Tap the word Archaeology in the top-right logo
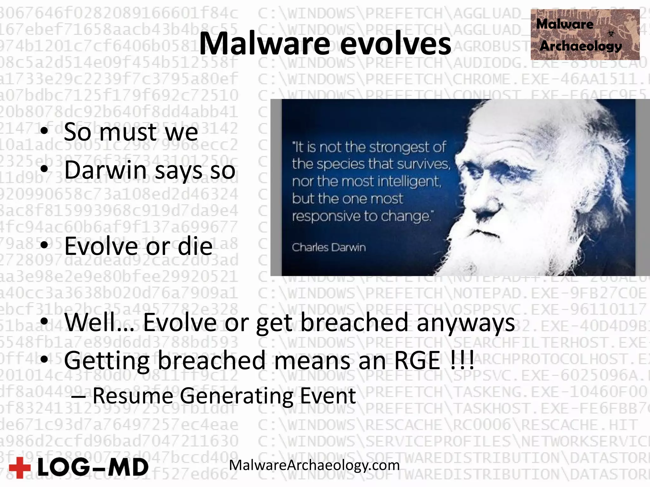click(580, 46)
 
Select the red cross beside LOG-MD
click(20, 467)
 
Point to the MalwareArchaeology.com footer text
click(314, 465)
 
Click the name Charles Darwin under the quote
click(329, 247)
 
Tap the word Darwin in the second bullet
click(105, 170)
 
